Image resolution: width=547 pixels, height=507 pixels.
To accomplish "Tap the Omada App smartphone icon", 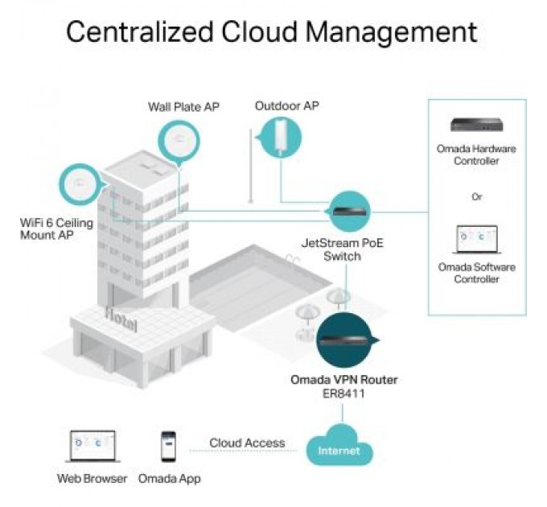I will point(168,447).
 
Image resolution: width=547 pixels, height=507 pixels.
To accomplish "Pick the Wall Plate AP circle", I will point(176,142).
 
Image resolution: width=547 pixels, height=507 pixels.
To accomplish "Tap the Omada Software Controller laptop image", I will point(476,239).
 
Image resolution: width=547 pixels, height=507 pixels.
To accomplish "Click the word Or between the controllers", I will point(477,196).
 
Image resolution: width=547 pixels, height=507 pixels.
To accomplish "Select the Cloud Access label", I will point(247,443).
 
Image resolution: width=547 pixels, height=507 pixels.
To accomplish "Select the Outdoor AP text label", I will point(287,105).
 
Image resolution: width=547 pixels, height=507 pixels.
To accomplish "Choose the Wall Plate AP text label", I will point(183,107).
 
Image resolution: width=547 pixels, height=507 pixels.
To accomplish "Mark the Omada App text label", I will point(169,479).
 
